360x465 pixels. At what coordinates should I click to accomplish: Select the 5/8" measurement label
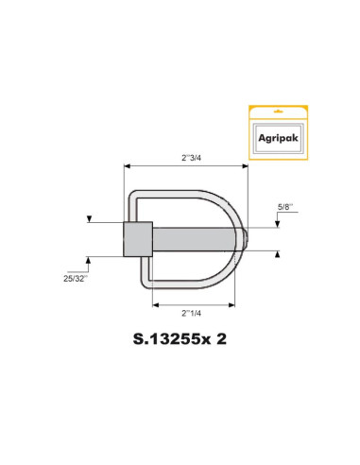click(x=284, y=205)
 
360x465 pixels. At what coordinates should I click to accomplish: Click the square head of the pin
click(x=137, y=239)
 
